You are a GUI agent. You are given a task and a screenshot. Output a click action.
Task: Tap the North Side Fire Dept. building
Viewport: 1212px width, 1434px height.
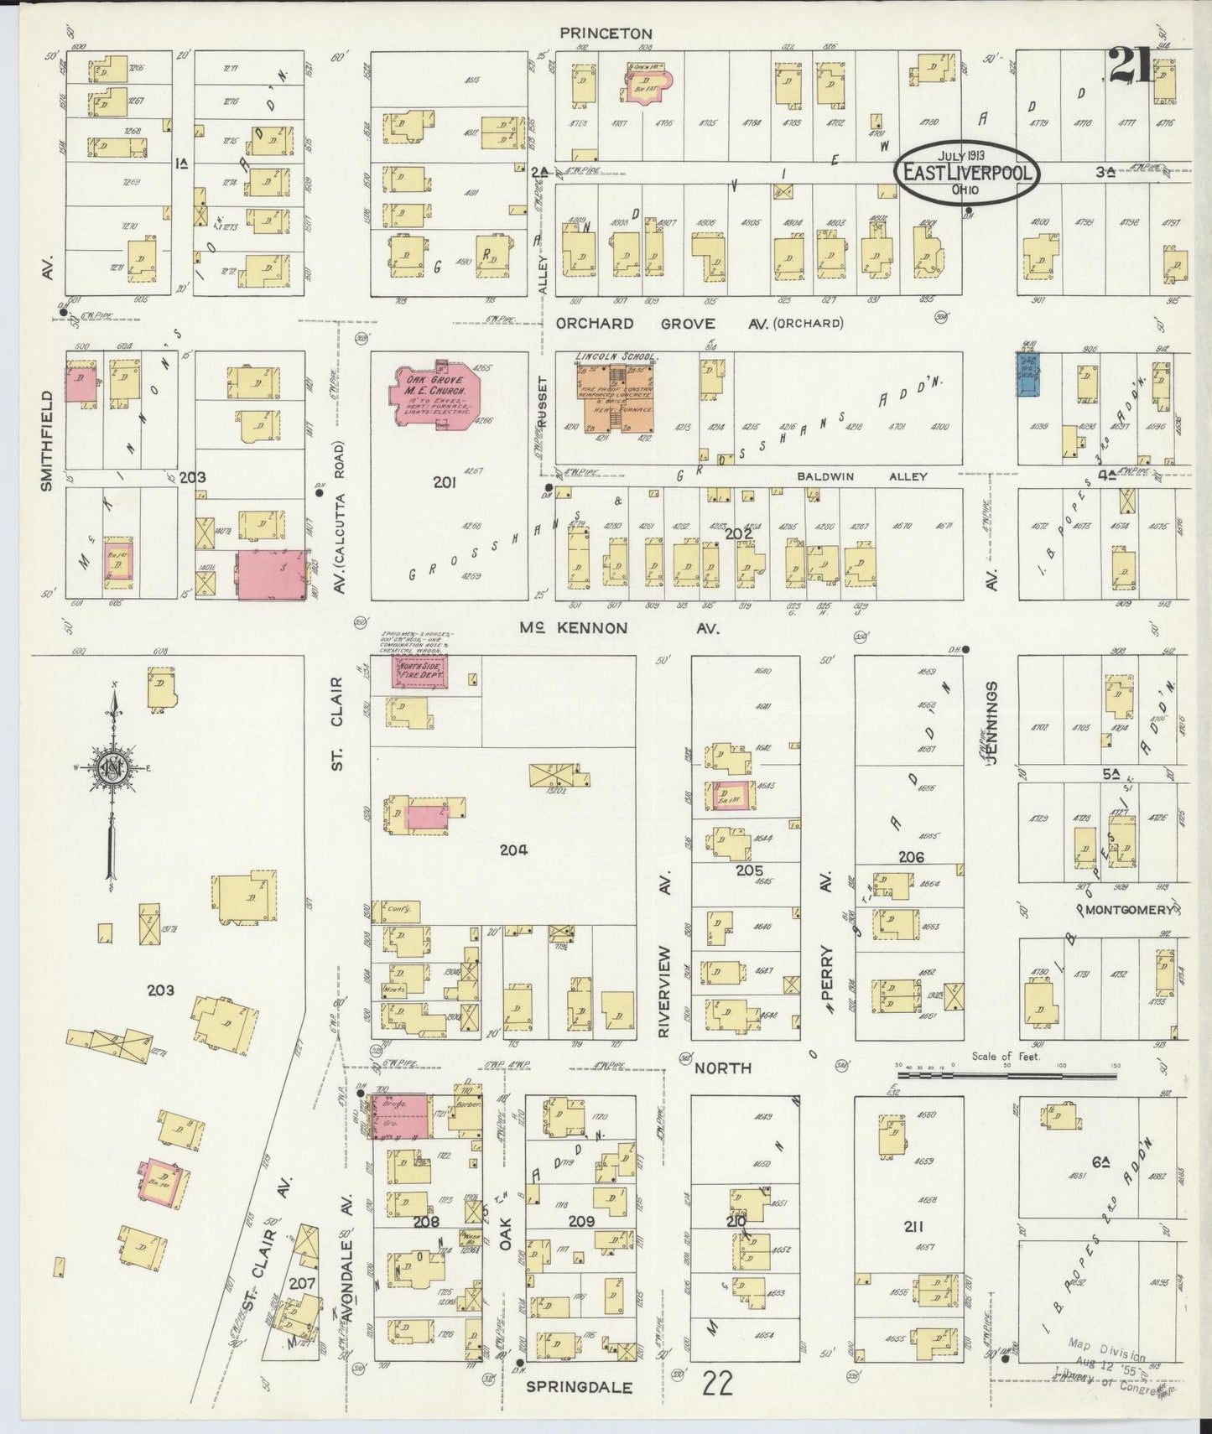coord(420,672)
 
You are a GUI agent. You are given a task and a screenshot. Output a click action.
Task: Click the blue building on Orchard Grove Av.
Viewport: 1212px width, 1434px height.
coord(1027,372)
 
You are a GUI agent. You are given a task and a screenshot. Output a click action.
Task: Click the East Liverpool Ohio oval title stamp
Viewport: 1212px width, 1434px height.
coord(968,171)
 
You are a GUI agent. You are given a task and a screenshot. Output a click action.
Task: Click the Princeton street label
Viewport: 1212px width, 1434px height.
coord(606,33)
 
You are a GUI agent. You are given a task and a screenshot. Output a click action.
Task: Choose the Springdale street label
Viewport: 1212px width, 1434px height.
coord(579,1387)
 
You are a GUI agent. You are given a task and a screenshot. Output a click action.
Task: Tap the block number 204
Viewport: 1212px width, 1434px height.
coord(512,849)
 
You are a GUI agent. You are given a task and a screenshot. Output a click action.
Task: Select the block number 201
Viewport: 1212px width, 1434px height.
coord(444,482)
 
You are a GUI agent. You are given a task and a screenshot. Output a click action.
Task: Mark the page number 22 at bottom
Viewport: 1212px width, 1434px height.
coord(718,1384)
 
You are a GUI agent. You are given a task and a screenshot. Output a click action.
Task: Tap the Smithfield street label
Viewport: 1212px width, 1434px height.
coord(47,440)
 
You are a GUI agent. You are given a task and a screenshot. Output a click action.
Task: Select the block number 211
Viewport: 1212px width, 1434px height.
coord(913,1226)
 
